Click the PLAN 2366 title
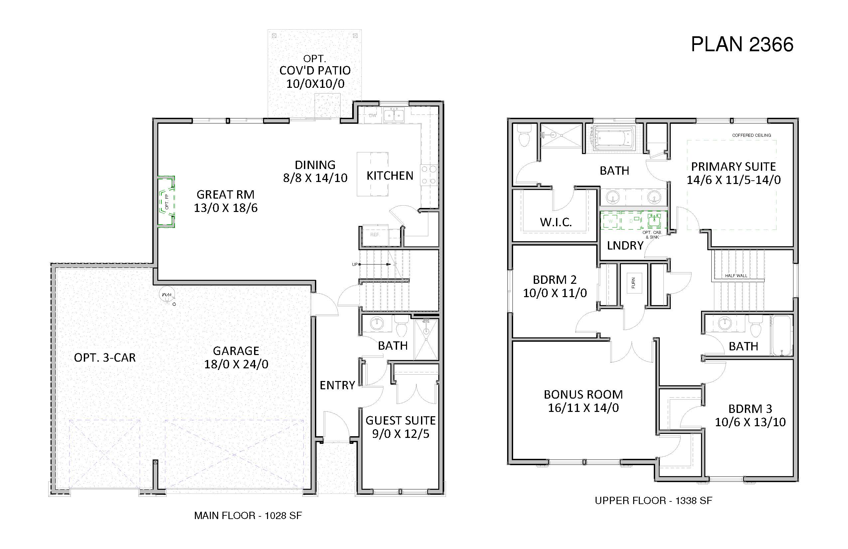point(742,45)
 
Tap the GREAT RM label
point(225,195)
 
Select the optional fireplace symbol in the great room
point(166,201)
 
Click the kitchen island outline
point(373,174)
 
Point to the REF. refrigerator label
point(375,235)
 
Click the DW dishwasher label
point(373,115)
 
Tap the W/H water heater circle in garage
point(167,294)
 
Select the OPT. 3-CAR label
point(105,358)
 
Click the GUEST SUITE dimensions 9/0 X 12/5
point(401,434)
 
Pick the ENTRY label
point(338,385)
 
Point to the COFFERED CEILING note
point(752,135)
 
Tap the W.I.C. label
point(556,223)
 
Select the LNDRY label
point(625,246)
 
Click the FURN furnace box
point(634,283)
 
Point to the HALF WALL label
point(736,275)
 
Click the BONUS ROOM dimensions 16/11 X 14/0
point(583,408)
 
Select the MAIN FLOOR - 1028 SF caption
point(248,515)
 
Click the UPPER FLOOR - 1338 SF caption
point(653,500)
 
